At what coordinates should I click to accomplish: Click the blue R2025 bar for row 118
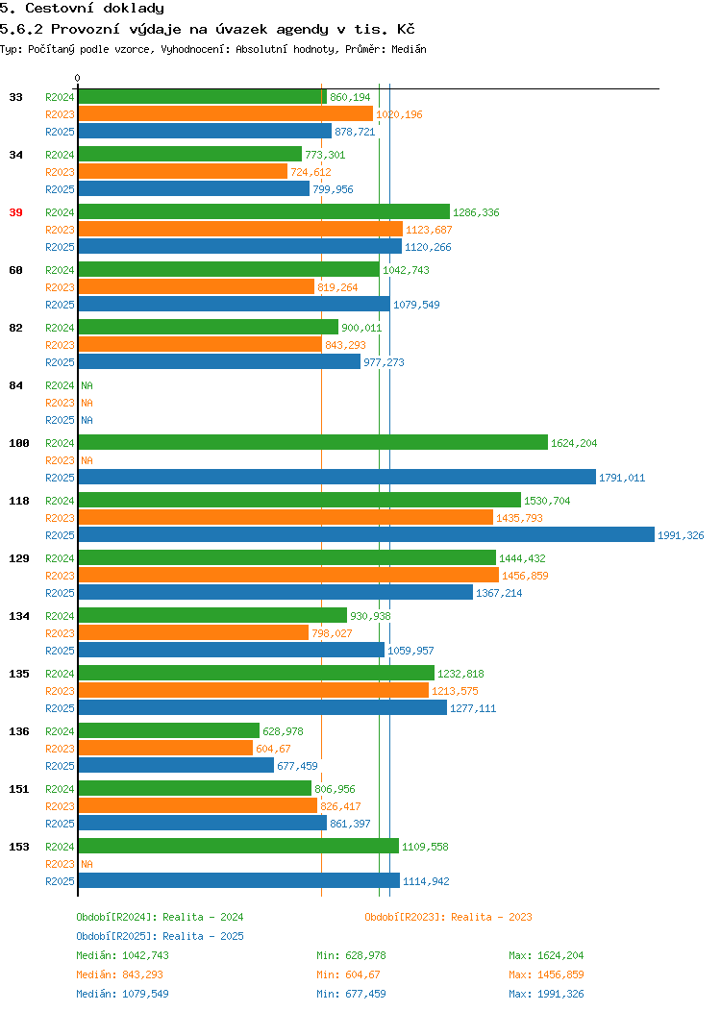[366, 534]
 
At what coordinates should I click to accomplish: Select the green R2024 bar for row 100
[312, 442]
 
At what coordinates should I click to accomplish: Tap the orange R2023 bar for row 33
[226, 114]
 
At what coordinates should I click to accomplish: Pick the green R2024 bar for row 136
[169, 730]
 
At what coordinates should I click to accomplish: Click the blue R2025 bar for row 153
[239, 880]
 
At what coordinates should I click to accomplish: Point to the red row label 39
[16, 212]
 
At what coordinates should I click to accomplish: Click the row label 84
[16, 385]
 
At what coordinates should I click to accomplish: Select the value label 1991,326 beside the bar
[681, 535]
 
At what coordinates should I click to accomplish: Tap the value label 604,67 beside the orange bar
[273, 749]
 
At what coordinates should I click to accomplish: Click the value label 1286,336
[476, 212]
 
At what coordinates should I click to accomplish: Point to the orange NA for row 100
[87, 460]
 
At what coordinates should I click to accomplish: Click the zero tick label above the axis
[78, 78]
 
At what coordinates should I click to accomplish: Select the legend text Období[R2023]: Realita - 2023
[448, 917]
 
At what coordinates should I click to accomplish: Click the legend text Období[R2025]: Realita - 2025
[160, 936]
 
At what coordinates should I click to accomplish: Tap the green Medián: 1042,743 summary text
[122, 955]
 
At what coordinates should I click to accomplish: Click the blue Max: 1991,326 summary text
[546, 994]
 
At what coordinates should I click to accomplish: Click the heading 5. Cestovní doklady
[82, 9]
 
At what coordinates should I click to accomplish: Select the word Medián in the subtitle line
[409, 49]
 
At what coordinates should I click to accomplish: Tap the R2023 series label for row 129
[60, 576]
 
